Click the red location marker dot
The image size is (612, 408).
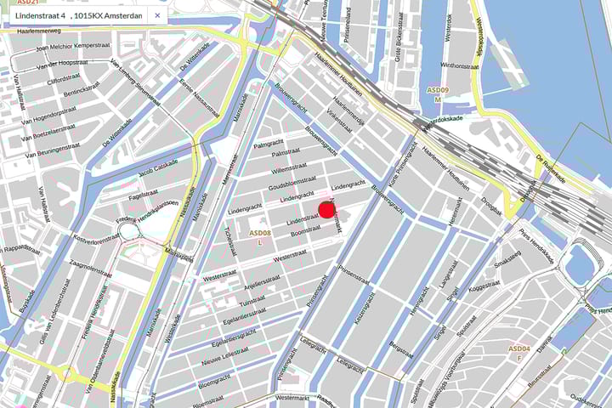point(327,210)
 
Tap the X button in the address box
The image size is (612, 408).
point(157,15)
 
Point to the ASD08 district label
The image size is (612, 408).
point(259,232)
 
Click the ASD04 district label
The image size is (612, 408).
point(519,348)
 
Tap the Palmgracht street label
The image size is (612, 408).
point(268,144)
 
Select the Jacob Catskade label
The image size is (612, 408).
point(158,168)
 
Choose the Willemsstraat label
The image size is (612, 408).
point(288,169)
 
